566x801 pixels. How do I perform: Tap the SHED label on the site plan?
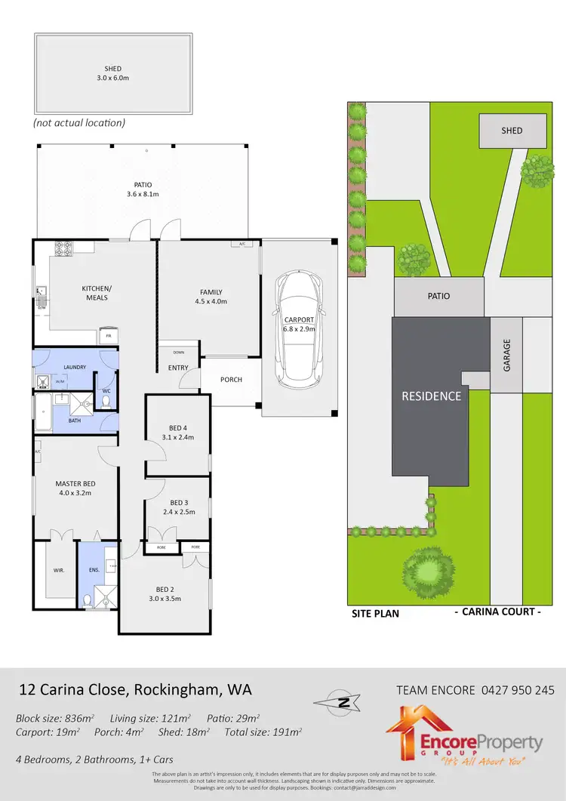coord(512,131)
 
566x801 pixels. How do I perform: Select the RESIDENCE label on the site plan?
coord(431,396)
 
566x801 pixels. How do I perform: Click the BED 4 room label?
coord(178,428)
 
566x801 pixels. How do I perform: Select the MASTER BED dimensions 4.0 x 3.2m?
coord(73,493)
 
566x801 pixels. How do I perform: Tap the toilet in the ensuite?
coord(88,600)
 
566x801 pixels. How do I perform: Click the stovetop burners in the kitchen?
coord(62,246)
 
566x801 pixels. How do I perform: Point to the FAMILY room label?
coord(211,292)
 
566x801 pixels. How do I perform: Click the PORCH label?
coord(231,380)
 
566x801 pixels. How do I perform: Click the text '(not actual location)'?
coord(79,122)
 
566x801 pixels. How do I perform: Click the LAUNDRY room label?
coord(75,368)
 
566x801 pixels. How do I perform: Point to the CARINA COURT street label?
coord(497,612)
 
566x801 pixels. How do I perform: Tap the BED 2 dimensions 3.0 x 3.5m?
coord(165,599)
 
